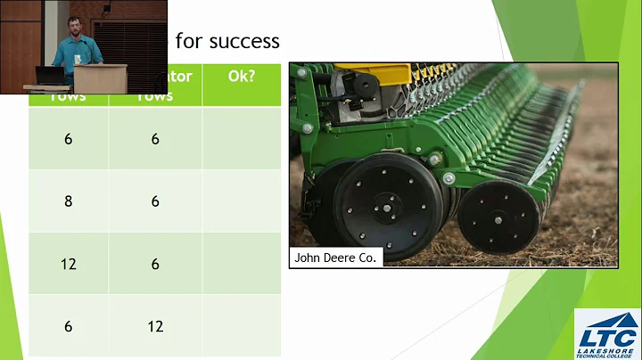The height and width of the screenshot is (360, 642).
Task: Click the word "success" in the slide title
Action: pos(241,41)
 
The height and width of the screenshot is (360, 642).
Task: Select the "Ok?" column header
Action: pos(241,76)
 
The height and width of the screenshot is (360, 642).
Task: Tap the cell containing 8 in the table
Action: pos(68,201)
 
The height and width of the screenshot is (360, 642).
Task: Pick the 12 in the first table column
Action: pos(68,264)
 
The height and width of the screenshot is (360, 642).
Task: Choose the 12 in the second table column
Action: pos(155,326)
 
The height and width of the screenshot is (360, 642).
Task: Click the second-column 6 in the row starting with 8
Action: pos(155,201)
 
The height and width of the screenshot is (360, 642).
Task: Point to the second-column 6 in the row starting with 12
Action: pos(155,264)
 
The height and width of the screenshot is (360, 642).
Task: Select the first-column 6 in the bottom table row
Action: pos(68,326)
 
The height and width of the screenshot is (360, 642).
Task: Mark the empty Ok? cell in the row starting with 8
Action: pos(241,201)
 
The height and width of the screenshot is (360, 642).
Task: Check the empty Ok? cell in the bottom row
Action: pos(241,326)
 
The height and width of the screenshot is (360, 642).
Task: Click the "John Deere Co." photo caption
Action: pos(336,258)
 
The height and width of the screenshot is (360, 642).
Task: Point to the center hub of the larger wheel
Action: pos(389,210)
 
